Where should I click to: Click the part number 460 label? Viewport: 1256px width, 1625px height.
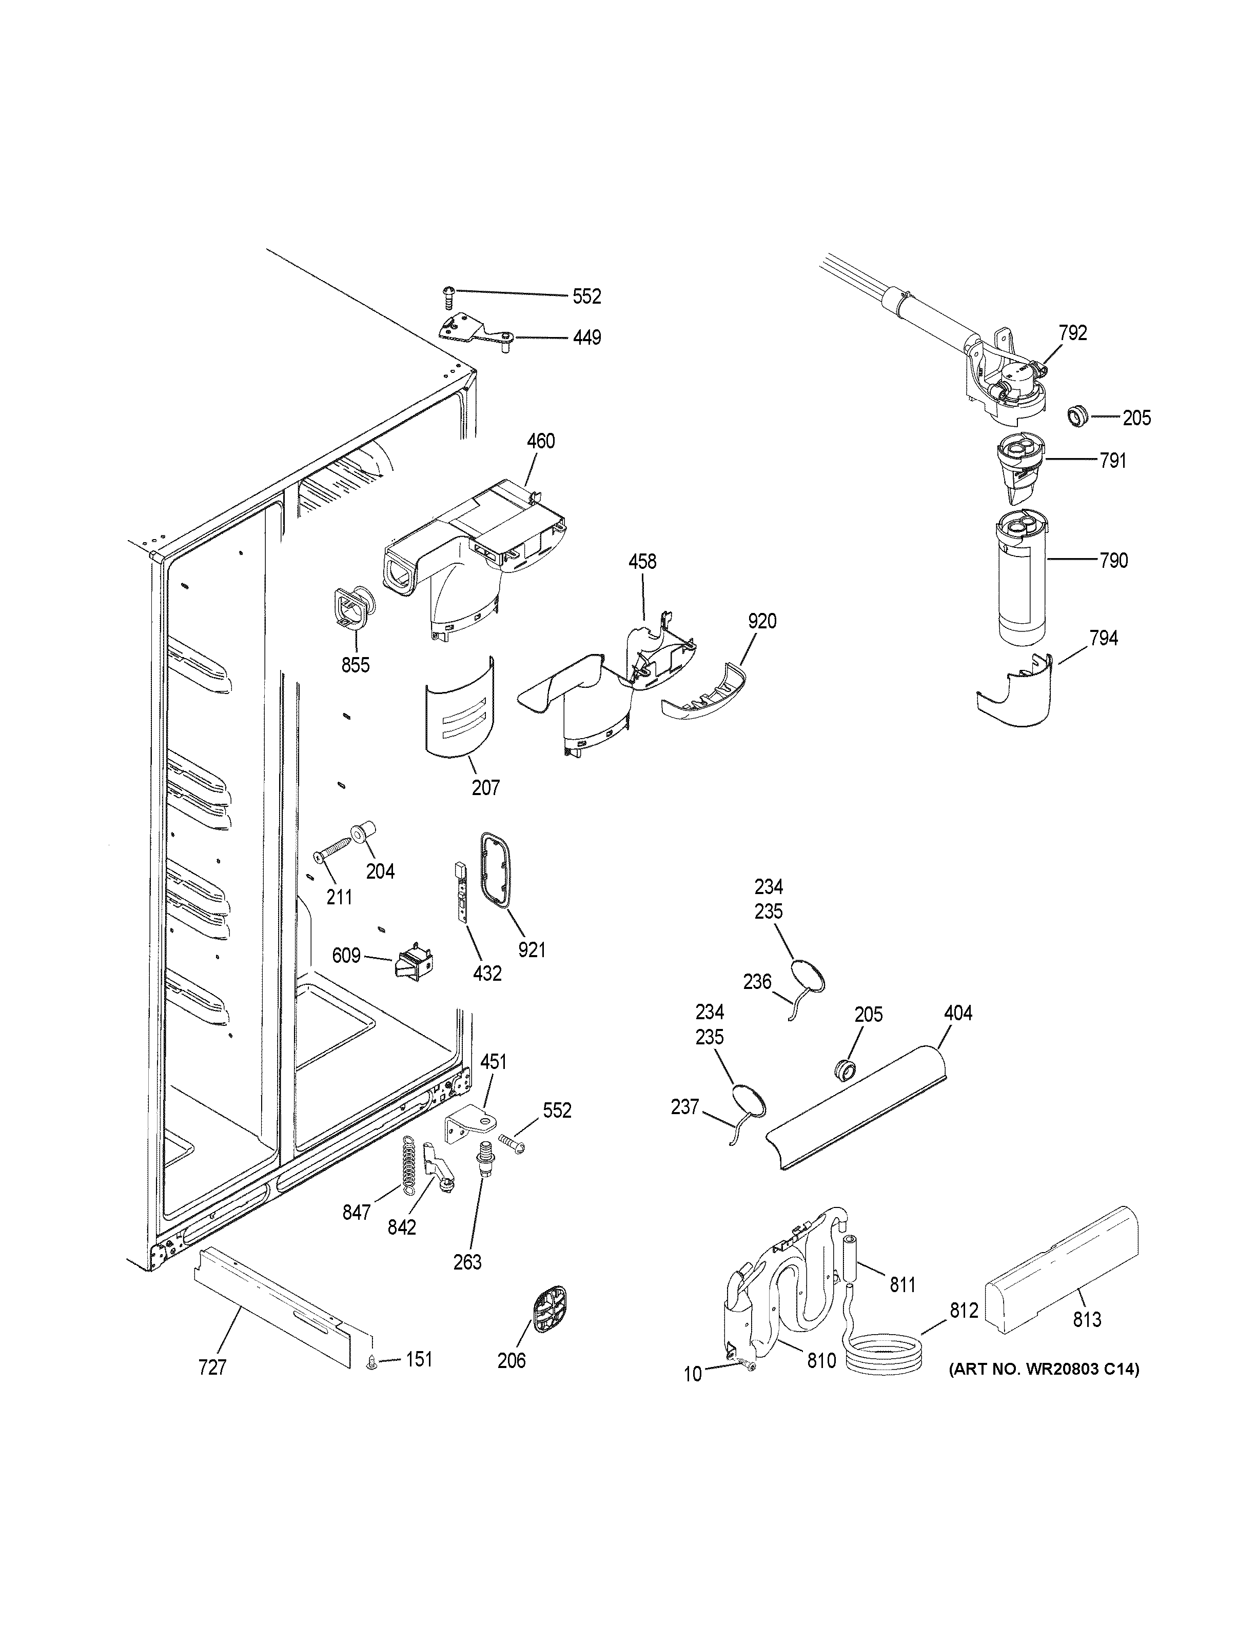540,441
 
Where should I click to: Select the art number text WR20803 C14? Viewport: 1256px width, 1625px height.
1043,1369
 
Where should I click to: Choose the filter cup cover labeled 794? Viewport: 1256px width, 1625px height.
1016,690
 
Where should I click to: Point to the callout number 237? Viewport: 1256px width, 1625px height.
684,1128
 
